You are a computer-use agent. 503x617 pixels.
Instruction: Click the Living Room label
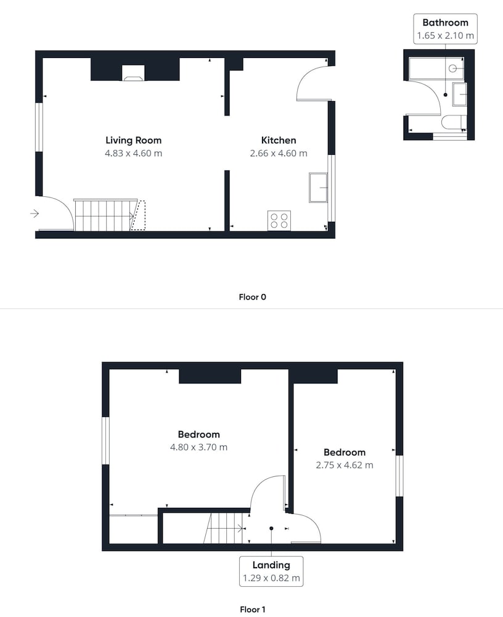point(133,140)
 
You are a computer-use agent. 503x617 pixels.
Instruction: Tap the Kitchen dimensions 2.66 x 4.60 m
point(279,153)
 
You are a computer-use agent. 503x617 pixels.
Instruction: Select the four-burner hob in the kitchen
point(279,221)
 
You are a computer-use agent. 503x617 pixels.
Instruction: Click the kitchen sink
point(319,188)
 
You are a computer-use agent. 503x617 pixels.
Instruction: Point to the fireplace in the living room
point(133,73)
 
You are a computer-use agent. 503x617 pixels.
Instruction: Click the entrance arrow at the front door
point(35,213)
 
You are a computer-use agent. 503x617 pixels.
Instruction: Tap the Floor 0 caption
point(253,297)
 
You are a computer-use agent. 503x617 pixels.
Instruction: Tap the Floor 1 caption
point(253,610)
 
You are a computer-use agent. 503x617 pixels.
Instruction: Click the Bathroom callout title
point(445,22)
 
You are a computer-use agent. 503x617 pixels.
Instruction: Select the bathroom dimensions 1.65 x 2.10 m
point(445,35)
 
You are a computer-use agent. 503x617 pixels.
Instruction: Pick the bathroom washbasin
point(460,94)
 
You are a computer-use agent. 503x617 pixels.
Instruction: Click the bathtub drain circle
point(452,69)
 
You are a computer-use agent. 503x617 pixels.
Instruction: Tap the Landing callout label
point(271,565)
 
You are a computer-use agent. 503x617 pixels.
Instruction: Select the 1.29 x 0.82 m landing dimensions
point(271,578)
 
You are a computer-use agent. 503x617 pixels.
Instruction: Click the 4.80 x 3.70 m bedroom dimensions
point(198,447)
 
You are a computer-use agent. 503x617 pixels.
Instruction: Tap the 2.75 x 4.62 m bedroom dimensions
point(345,465)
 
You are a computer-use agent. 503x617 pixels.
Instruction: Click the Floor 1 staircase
point(224,528)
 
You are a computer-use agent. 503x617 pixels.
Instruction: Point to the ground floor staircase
point(105,215)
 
